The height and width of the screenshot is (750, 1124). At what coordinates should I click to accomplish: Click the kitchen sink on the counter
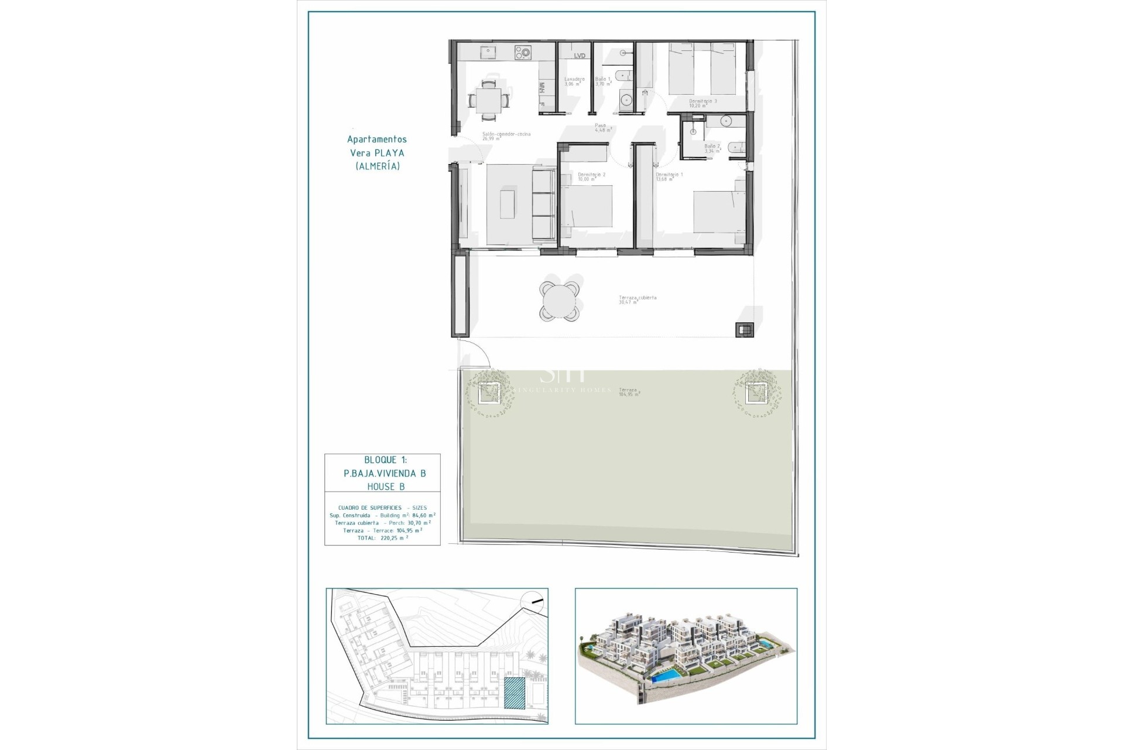487,53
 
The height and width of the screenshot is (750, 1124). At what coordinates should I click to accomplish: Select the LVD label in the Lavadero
580,56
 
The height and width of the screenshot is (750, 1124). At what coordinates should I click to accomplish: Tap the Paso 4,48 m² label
604,128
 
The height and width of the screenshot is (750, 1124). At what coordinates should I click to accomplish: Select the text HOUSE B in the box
385,487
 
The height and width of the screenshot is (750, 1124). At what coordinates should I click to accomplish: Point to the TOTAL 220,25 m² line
382,537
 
